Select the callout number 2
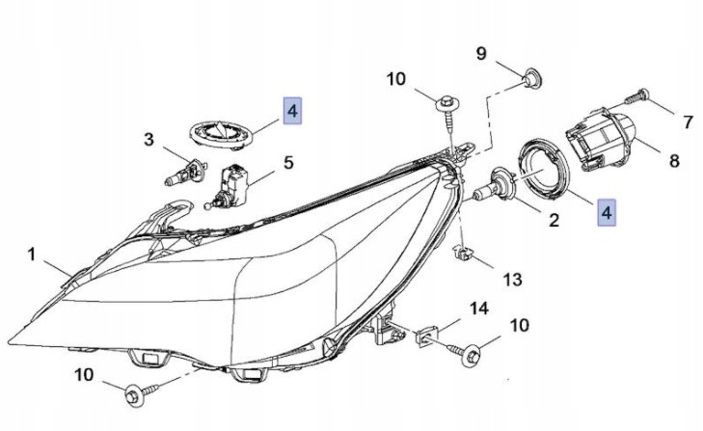pos(554,221)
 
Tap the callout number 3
pos(149,140)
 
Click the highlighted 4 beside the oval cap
pos(291,112)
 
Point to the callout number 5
pos(287,163)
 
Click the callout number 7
pos(688,122)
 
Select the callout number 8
pos(674,160)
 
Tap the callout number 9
pos(481,53)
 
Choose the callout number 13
pos(512,279)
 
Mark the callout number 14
pos(479,309)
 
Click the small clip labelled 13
pos(464,255)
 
